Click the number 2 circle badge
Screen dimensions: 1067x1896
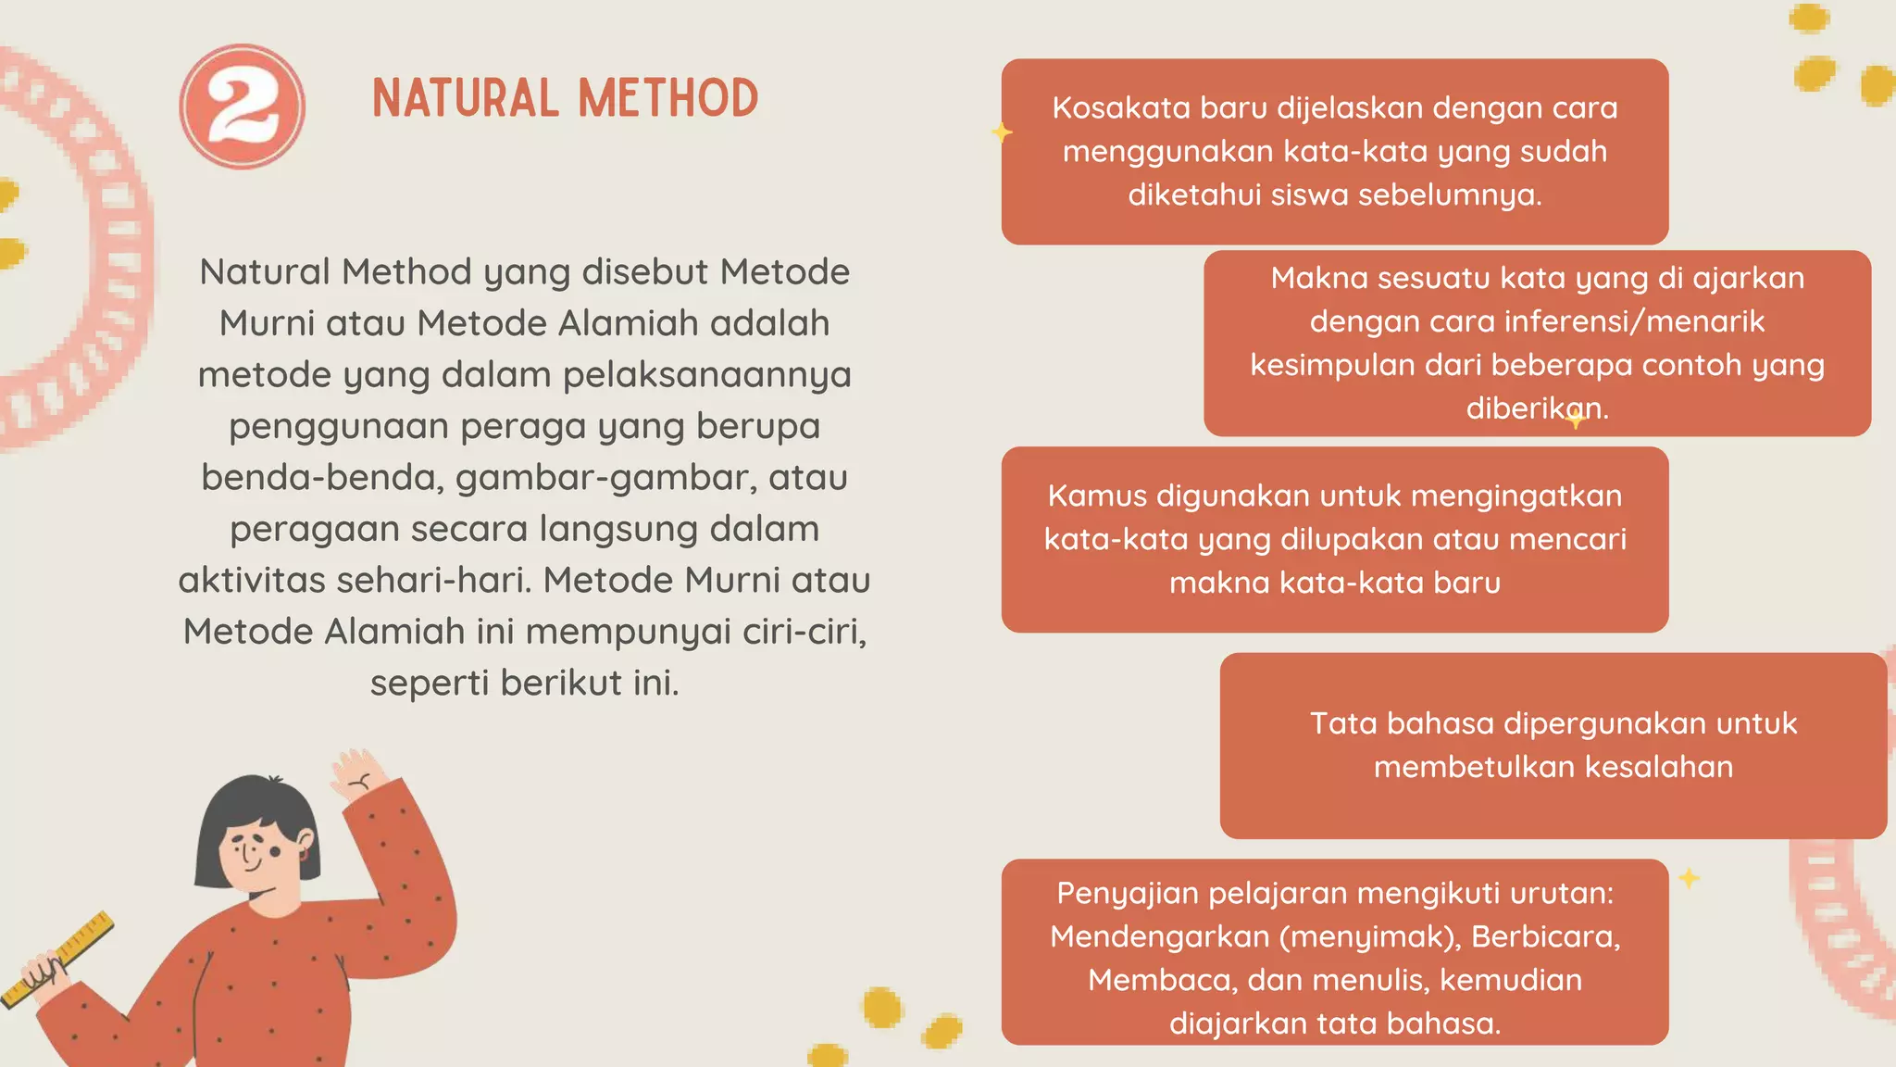[242, 107]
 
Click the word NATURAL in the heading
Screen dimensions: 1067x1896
[465, 99]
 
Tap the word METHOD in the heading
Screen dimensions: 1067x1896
[668, 99]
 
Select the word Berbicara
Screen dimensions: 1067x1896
[1544, 936]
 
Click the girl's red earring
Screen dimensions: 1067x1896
[303, 855]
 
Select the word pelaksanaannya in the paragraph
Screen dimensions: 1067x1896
[707, 375]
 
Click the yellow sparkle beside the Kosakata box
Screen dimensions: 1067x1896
[1001, 133]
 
